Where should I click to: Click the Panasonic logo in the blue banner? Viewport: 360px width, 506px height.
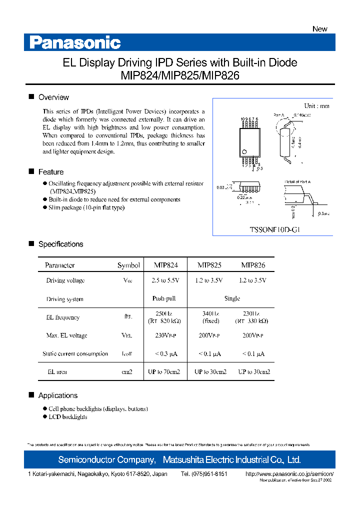click(75, 42)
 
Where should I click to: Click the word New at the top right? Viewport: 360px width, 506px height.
click(320, 29)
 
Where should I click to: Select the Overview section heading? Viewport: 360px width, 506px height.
click(53, 97)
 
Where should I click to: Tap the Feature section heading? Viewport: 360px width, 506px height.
click(51, 172)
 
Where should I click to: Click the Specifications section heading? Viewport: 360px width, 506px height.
click(60, 244)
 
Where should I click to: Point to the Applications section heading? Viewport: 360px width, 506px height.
click(58, 395)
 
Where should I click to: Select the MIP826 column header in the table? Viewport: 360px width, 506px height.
click(253, 265)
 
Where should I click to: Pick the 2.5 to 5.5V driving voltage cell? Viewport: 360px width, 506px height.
click(164, 280)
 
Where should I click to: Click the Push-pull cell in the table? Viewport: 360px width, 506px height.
click(164, 298)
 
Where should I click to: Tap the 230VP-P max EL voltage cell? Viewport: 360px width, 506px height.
click(164, 335)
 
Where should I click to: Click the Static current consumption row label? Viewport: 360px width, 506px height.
click(75, 354)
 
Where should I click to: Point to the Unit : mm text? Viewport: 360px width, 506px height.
click(316, 106)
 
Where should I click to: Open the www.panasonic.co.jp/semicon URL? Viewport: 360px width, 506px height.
click(289, 473)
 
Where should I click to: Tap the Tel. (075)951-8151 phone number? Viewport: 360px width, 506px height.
click(204, 473)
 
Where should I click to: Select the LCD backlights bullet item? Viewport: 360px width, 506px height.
click(68, 417)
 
